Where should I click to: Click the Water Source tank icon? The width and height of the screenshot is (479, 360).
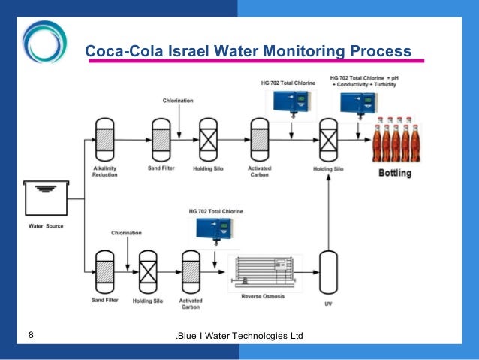[x=46, y=198]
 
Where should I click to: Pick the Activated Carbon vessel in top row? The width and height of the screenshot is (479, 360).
[x=258, y=138]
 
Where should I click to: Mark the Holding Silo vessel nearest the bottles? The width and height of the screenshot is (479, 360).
[x=327, y=138]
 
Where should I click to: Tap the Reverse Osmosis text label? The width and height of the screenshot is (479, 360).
[x=261, y=296]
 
